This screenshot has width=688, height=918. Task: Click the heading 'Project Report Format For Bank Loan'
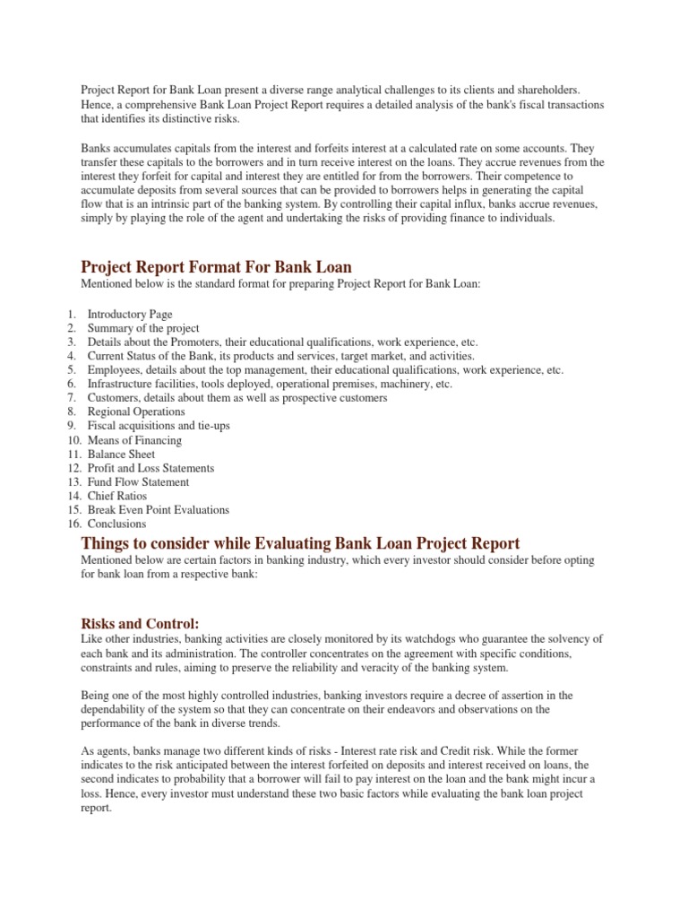click(x=216, y=267)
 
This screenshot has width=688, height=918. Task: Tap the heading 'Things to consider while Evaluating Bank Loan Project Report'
click(x=300, y=543)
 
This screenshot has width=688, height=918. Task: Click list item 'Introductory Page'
click(x=130, y=315)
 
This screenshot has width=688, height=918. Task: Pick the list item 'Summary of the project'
click(x=143, y=329)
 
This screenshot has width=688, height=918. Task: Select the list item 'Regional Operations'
click(x=136, y=412)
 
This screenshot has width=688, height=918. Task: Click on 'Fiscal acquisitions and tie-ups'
click(x=159, y=426)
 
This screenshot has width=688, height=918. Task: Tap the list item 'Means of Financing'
click(x=134, y=440)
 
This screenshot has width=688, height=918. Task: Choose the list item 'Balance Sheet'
click(x=121, y=455)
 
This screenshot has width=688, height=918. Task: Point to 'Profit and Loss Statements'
click(x=150, y=468)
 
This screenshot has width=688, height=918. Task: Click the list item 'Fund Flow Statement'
click(x=138, y=482)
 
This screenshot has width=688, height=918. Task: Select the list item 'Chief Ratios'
click(x=116, y=496)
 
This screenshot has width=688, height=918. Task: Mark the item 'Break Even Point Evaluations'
click(x=158, y=510)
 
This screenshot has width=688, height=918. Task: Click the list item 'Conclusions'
click(x=116, y=524)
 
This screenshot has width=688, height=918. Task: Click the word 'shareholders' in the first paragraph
click(x=546, y=91)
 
